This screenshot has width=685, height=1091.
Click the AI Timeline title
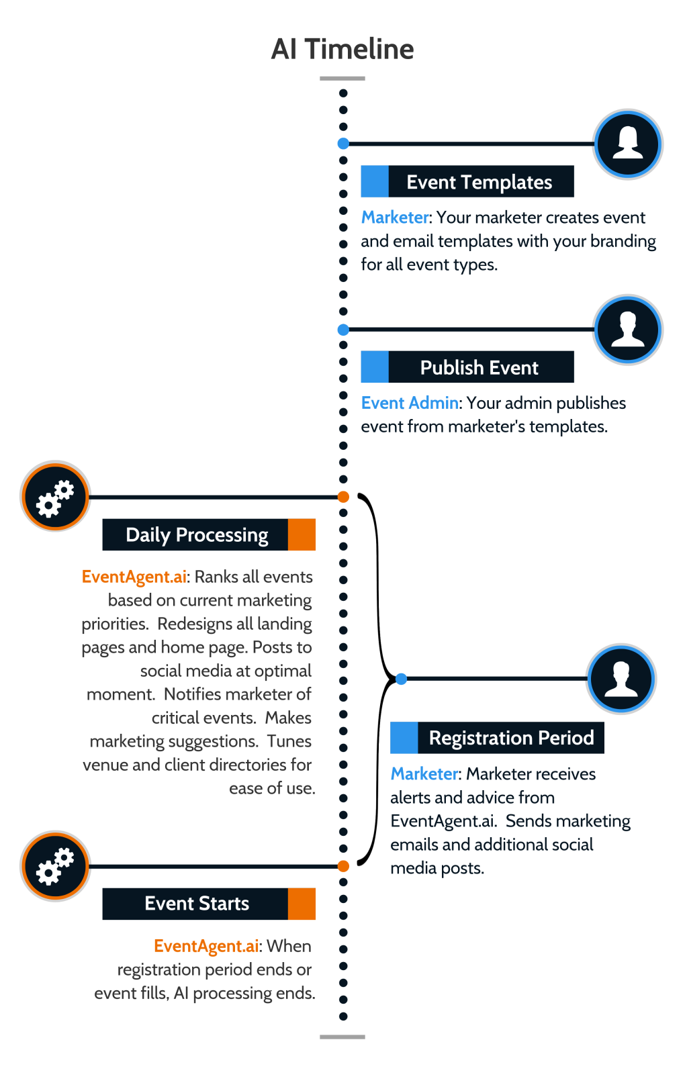click(x=342, y=49)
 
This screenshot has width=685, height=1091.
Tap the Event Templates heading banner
click(x=467, y=182)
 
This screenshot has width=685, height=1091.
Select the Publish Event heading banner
click(x=467, y=367)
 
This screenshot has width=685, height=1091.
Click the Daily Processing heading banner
click(x=209, y=535)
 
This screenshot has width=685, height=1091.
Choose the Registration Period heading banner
click(x=497, y=738)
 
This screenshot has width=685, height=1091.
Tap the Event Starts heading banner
click(x=209, y=904)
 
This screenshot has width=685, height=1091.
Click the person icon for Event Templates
click(x=627, y=144)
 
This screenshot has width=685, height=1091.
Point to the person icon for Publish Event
click(x=627, y=330)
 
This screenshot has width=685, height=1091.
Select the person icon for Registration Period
click(x=621, y=679)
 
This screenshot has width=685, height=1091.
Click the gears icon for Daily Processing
click(x=55, y=496)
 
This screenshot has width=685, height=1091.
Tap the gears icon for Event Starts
click(x=55, y=867)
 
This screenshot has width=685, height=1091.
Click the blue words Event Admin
click(x=409, y=404)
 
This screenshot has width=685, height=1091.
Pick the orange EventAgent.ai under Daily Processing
click(x=134, y=577)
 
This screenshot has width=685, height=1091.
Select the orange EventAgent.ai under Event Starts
click(x=206, y=947)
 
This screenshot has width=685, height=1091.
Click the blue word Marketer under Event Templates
click(x=395, y=218)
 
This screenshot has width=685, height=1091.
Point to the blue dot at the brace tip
click(x=401, y=679)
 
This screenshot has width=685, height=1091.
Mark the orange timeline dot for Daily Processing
click(x=343, y=497)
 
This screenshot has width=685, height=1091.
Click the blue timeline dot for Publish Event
click(x=343, y=330)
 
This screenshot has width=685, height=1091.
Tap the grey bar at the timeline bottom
click(x=342, y=1037)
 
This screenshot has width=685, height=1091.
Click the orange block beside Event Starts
click(x=302, y=904)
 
